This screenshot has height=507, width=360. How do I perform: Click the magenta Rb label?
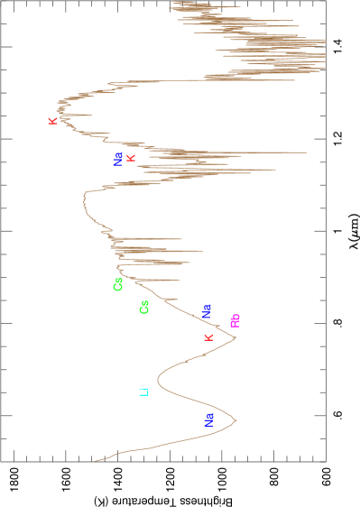click(x=235, y=320)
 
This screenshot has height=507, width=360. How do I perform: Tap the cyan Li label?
click(x=143, y=392)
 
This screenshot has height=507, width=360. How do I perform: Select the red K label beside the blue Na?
click(x=131, y=158)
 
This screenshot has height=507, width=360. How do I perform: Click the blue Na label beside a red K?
click(x=118, y=159)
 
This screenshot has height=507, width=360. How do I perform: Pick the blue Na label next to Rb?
click(x=207, y=311)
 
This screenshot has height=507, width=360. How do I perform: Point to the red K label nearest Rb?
click(x=208, y=337)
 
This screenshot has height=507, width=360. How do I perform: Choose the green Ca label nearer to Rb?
click(x=143, y=308)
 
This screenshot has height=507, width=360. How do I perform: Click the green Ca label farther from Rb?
click(x=118, y=284)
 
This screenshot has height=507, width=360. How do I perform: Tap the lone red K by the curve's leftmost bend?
click(x=52, y=121)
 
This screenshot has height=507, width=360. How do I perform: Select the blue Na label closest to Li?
click(x=209, y=419)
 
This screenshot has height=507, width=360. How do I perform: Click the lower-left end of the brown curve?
click(x=94, y=461)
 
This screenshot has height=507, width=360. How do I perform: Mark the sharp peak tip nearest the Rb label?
click(x=236, y=338)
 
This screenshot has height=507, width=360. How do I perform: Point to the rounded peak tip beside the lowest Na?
click(x=236, y=419)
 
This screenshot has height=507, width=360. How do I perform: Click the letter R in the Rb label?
click(x=235, y=323)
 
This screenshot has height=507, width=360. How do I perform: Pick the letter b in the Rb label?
click(x=235, y=317)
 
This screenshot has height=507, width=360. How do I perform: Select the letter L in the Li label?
click(x=143, y=393)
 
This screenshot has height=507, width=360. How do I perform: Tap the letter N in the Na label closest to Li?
click(x=209, y=422)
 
